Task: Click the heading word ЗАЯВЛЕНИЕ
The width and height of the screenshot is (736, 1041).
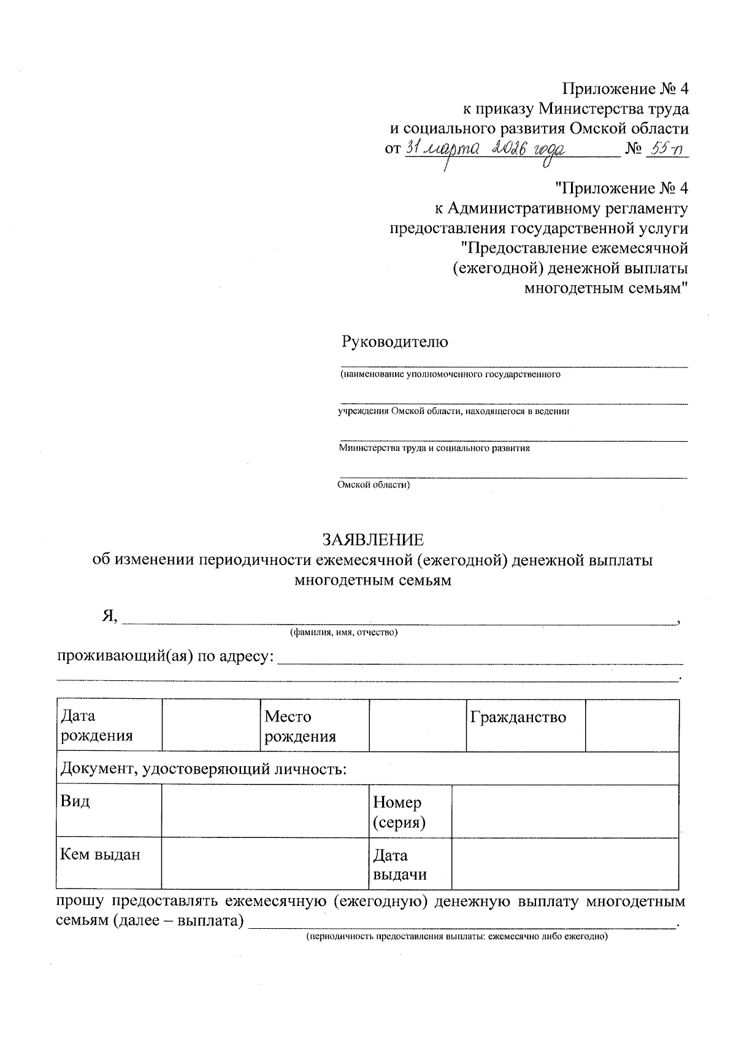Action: [373, 540]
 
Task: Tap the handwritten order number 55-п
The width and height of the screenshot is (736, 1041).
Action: [667, 149]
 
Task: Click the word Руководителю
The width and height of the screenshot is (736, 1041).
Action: [394, 342]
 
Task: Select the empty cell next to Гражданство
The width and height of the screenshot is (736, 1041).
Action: [632, 725]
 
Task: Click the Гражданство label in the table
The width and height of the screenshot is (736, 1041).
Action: [518, 717]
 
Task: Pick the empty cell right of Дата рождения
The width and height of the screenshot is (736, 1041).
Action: [211, 725]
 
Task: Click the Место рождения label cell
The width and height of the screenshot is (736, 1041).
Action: [300, 726]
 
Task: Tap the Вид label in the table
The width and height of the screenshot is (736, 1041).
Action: [75, 801]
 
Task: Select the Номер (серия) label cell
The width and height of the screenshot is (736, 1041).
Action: [399, 812]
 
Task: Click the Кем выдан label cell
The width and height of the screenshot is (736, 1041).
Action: [100, 854]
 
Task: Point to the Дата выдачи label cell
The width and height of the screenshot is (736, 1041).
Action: [399, 864]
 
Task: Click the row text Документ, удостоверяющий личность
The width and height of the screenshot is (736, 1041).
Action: [202, 768]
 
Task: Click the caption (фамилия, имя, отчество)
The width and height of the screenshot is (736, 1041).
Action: [344, 632]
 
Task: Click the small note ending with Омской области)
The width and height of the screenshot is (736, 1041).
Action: [373, 485]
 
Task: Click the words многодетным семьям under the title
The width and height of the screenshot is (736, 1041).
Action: [373, 580]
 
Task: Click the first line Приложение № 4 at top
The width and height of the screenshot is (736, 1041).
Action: [626, 89]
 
